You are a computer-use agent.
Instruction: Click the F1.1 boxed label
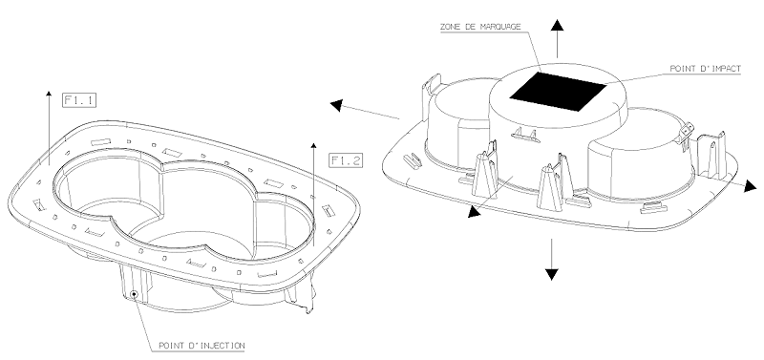[79, 100]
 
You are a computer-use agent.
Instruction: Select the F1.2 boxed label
[346, 160]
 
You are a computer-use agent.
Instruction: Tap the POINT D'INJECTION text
[202, 346]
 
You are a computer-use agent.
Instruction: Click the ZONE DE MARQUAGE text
[480, 27]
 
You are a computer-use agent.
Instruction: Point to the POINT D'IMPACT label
[705, 69]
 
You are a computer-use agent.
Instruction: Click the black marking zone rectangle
[558, 91]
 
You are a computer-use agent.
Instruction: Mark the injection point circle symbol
[134, 294]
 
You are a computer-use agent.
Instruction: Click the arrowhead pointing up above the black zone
[558, 26]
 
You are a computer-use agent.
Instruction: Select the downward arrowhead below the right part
[552, 274]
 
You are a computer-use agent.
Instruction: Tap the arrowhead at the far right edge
[751, 185]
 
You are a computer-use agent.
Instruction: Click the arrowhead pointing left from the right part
[336, 105]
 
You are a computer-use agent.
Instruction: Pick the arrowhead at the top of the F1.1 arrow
[49, 94]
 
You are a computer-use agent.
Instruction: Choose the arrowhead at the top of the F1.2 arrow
[314, 146]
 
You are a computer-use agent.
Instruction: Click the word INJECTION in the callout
[222, 346]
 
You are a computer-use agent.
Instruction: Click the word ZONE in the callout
[449, 27]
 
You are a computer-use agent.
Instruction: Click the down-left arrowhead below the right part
[474, 212]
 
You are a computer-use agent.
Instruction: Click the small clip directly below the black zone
[525, 135]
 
